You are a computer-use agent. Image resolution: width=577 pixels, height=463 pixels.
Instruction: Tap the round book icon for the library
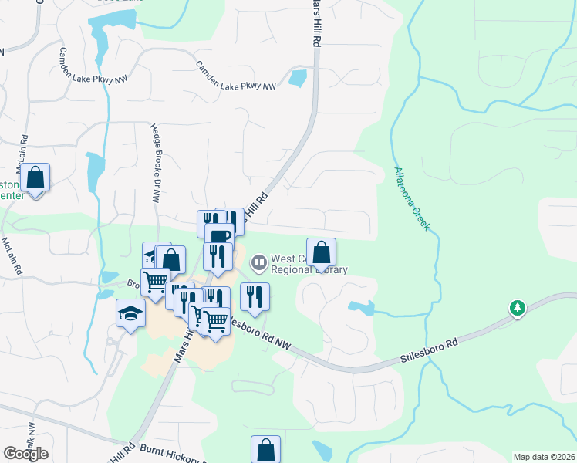point(259,264)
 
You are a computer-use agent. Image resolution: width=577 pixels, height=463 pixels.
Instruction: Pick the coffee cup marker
point(221,236)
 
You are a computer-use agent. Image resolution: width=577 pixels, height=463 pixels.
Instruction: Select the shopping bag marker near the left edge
point(35,178)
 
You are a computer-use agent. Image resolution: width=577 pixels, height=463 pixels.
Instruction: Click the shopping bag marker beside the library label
point(321,252)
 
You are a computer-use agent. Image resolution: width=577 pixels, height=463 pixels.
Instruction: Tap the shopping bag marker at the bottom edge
point(265,450)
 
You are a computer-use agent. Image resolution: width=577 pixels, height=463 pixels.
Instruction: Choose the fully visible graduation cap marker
point(130,314)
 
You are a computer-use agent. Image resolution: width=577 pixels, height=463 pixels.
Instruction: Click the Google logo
point(25,454)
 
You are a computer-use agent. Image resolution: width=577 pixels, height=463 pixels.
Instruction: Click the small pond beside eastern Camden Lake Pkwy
point(297,77)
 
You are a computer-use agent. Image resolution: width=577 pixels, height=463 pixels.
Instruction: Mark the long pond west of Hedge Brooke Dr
point(95,172)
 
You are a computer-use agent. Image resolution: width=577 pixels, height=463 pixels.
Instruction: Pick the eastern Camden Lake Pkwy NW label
point(236,76)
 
